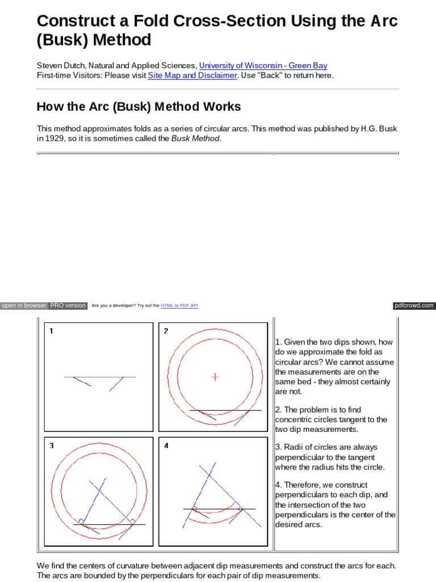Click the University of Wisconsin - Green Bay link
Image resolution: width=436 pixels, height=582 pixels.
click(263, 66)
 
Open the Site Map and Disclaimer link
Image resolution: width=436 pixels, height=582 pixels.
click(192, 76)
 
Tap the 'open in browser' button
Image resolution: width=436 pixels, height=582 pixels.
click(24, 306)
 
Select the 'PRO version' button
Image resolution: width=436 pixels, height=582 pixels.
click(68, 306)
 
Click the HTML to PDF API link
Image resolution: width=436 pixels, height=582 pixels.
click(179, 306)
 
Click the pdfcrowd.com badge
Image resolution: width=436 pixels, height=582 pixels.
click(414, 306)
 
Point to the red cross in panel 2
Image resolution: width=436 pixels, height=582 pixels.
click(215, 376)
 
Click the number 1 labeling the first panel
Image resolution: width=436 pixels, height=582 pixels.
click(51, 331)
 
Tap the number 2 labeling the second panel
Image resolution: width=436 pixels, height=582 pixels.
click(166, 331)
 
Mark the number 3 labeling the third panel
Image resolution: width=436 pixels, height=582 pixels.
click(51, 446)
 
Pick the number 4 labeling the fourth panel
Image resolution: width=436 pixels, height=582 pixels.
click(166, 446)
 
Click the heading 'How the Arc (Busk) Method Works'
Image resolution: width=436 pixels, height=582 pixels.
click(139, 107)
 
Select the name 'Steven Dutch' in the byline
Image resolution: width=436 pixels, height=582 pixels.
click(60, 66)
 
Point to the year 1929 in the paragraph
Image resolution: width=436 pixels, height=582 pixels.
click(54, 139)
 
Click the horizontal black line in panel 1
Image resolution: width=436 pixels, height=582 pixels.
click(100, 377)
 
